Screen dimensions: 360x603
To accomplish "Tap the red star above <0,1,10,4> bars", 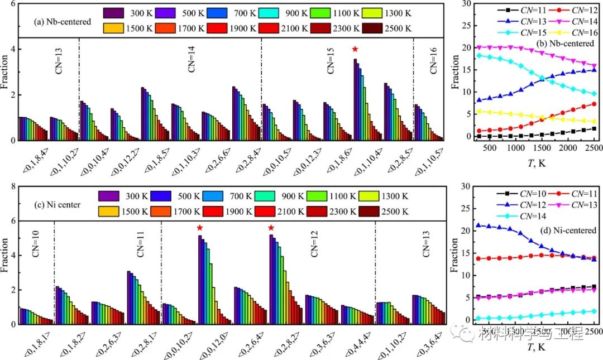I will [x=355, y=50].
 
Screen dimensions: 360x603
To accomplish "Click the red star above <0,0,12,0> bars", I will [x=199, y=228].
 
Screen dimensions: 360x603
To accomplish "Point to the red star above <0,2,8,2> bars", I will [x=271, y=228].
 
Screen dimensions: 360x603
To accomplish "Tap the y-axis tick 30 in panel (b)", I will [x=468, y=4].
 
